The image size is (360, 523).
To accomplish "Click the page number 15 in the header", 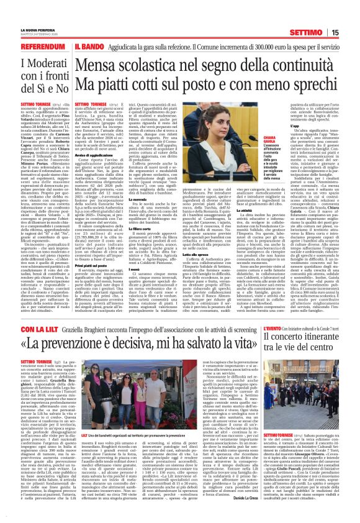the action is coord(351,16).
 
